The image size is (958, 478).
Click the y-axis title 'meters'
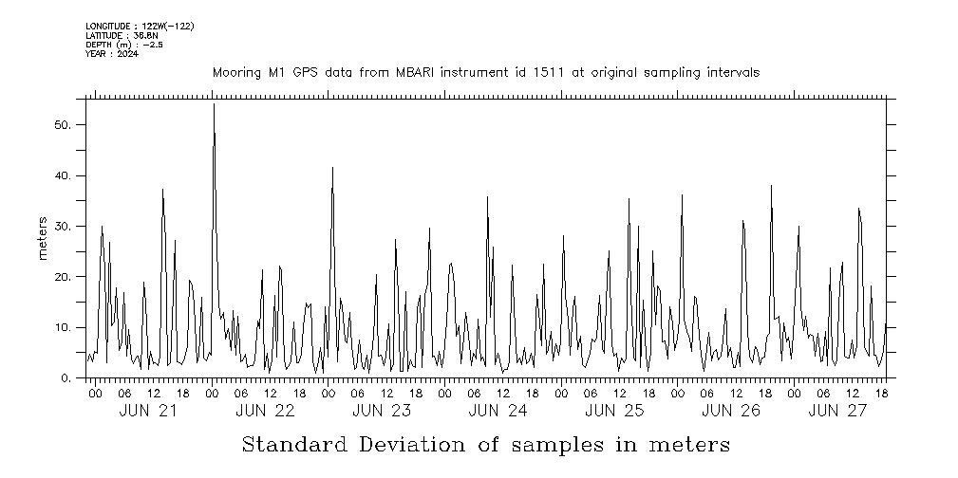(43, 238)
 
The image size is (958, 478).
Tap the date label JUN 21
(148, 411)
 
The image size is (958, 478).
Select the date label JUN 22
(265, 411)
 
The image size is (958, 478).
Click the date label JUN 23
(382, 411)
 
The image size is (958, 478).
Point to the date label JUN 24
(498, 411)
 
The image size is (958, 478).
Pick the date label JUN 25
(614, 411)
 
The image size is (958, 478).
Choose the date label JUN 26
(731, 411)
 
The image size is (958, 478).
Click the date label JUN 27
(838, 411)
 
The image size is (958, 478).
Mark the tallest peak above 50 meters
(214, 105)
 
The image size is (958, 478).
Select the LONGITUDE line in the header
(140, 26)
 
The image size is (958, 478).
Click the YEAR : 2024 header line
(112, 54)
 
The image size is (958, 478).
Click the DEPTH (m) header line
(124, 45)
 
